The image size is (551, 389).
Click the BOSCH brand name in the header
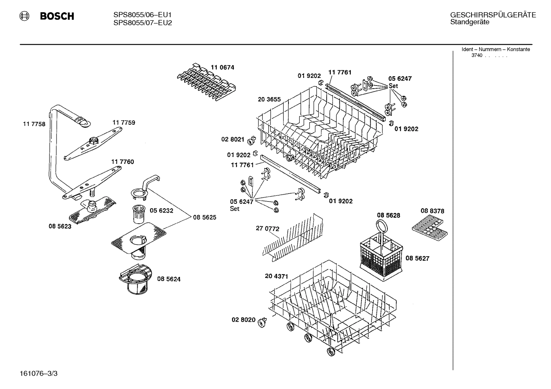[57, 16]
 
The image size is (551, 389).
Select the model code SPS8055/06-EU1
[143, 15]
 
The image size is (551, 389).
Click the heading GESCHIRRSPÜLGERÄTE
[493, 15]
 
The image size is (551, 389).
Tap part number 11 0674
[222, 68]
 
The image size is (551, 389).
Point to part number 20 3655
[269, 99]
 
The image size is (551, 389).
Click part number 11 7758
[34, 124]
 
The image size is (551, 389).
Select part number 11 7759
[123, 123]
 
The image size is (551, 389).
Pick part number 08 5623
[60, 226]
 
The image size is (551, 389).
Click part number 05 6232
[161, 211]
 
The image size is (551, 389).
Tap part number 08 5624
[169, 279]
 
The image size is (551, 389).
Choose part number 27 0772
[267, 229]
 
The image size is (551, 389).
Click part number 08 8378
[432, 211]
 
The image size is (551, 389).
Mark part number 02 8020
[243, 320]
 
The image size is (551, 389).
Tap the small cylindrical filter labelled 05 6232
[137, 214]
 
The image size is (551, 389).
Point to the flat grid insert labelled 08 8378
[429, 229]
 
